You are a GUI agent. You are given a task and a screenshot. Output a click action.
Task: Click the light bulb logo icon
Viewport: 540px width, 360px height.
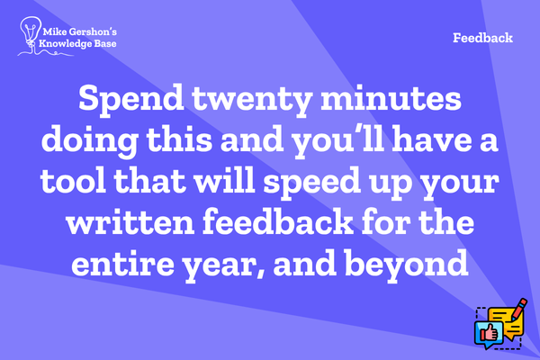pyautogui.click(x=31, y=32)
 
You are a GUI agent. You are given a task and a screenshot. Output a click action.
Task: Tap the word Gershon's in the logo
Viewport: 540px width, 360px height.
pyautogui.click(x=93, y=32)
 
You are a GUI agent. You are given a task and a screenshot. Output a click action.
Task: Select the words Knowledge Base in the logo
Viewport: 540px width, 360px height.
pyautogui.click(x=77, y=44)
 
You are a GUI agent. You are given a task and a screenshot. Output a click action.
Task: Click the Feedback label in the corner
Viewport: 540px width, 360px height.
pyautogui.click(x=482, y=38)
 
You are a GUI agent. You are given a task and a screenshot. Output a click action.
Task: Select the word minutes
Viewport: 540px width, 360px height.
pyautogui.click(x=391, y=99)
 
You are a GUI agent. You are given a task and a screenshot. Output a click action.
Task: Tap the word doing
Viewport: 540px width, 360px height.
pyautogui.click(x=90, y=142)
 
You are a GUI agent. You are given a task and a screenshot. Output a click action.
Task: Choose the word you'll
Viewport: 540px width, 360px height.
pyautogui.click(x=338, y=142)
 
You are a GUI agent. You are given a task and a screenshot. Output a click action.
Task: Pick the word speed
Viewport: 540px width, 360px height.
pyautogui.click(x=312, y=184)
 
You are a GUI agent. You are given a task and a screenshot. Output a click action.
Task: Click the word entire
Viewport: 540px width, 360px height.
pyautogui.click(x=122, y=263)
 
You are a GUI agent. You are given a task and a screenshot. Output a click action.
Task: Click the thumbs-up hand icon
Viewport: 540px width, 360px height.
pyautogui.click(x=489, y=333)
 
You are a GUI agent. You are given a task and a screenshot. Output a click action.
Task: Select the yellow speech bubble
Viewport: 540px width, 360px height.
pyautogui.click(x=506, y=323)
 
